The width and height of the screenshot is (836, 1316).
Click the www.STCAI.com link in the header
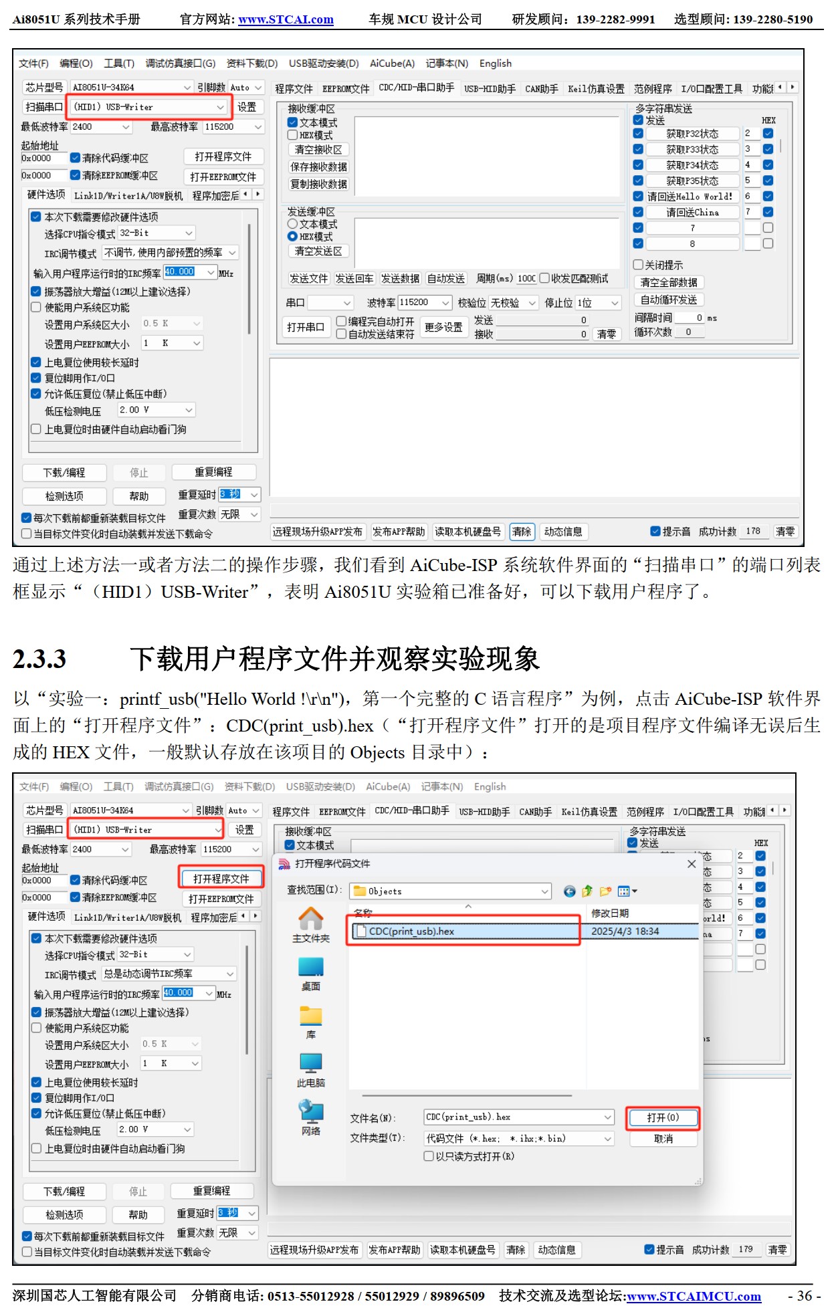click(286, 19)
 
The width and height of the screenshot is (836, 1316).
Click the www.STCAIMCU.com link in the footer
click(694, 1296)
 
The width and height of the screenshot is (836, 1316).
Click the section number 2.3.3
click(39, 659)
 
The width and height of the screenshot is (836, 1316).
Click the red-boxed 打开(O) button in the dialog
click(662, 1117)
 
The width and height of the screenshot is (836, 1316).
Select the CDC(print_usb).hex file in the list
click(411, 931)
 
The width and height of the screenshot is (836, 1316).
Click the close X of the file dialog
click(692, 864)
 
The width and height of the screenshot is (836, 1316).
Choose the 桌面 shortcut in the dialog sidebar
click(310, 974)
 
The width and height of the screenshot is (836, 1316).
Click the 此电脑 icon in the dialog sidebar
click(310, 1069)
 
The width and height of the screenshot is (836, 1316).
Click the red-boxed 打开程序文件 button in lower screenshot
click(221, 879)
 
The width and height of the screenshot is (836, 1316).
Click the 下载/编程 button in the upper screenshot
click(64, 473)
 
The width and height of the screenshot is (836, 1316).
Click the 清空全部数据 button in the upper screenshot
click(668, 283)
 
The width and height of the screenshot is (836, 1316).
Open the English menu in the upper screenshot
click(495, 64)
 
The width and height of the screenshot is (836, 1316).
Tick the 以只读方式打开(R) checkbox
click(429, 1156)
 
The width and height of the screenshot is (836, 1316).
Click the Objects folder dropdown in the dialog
click(451, 891)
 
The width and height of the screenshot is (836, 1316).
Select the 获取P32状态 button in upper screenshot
click(692, 134)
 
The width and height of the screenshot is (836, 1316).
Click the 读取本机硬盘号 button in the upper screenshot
click(467, 532)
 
